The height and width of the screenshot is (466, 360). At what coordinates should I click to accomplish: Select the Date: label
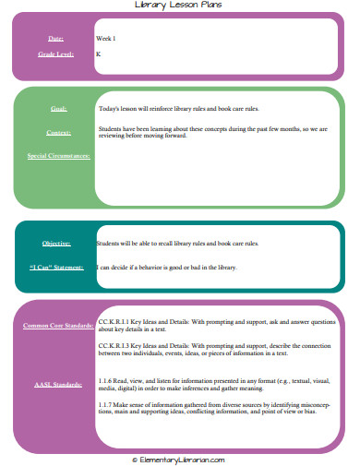click(55, 39)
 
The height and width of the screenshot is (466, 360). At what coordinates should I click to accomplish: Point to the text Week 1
click(106, 39)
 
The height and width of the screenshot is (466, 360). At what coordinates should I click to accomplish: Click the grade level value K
click(98, 55)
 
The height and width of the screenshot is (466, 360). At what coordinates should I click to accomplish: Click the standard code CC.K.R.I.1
click(114, 316)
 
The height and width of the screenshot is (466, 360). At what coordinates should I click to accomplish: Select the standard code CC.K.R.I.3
click(114, 345)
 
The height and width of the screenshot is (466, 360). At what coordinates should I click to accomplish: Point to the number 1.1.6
click(105, 379)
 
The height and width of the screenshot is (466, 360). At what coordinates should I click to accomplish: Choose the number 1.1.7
click(105, 405)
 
